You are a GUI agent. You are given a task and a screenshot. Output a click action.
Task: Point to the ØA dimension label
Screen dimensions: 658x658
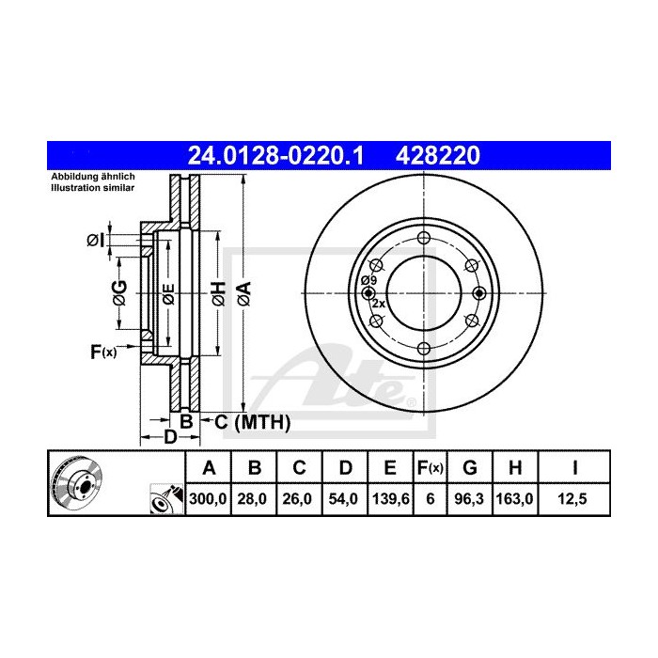pos(243,293)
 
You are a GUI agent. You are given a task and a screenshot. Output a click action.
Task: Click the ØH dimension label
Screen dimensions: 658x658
pos(217,293)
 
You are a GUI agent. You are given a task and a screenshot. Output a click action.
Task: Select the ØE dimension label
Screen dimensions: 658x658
pos(167,293)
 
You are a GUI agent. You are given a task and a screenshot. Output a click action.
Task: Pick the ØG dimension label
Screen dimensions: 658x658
pos(119,293)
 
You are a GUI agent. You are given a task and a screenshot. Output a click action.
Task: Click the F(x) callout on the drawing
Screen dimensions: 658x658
pos(102,352)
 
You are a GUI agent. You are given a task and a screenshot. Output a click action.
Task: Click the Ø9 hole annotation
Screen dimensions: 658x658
pos(368,280)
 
